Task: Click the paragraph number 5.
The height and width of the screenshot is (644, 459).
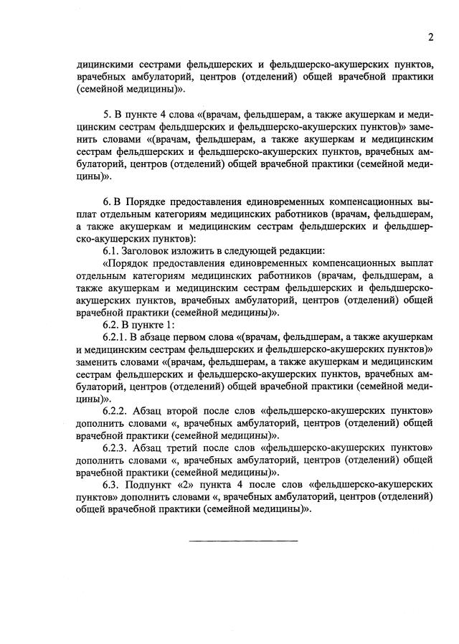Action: click(x=107, y=115)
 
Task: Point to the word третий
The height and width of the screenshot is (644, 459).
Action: click(x=191, y=448)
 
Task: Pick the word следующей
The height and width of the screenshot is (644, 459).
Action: click(x=255, y=250)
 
